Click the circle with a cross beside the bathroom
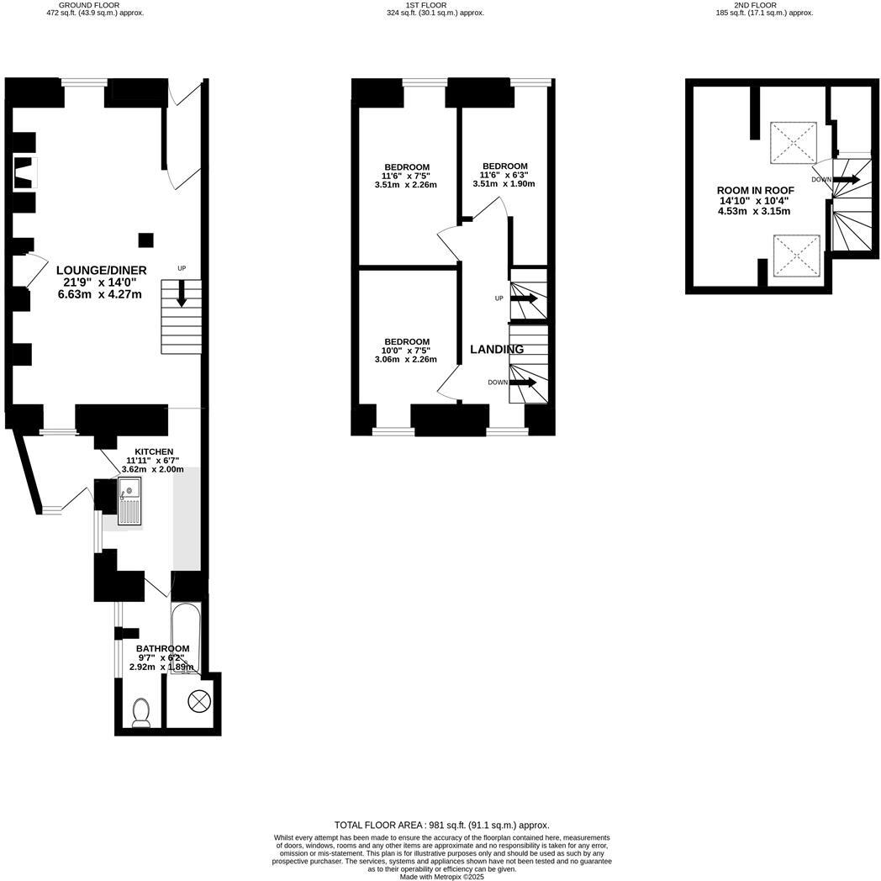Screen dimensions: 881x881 click(x=200, y=699)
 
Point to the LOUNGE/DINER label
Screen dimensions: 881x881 click(x=102, y=270)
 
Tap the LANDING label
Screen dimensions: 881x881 click(x=497, y=349)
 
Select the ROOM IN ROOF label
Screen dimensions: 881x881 click(x=755, y=190)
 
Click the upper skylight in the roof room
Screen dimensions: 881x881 click(x=794, y=142)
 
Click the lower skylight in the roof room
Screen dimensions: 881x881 click(x=794, y=256)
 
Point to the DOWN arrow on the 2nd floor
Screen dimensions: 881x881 click(x=846, y=179)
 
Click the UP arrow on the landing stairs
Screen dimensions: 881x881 click(x=523, y=298)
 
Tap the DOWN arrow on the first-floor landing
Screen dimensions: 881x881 click(x=523, y=382)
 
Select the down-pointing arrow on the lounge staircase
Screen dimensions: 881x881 click(x=182, y=293)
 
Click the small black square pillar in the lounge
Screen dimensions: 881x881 click(x=146, y=240)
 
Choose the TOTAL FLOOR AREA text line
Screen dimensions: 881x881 click(x=441, y=825)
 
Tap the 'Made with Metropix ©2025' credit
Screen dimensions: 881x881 click(x=442, y=876)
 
